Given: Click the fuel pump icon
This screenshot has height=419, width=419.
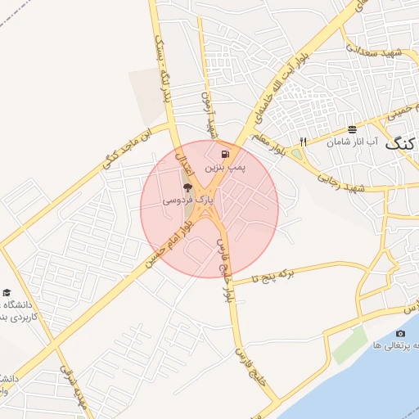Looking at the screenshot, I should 225,153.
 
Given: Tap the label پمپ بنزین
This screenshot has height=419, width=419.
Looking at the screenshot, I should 218,167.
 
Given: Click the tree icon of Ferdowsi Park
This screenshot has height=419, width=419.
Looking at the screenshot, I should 187,188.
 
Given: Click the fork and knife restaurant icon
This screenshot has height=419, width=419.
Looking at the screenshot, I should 304,141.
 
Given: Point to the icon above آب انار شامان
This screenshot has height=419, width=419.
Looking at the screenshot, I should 352,129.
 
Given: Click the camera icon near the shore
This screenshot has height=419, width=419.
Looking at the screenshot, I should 400,333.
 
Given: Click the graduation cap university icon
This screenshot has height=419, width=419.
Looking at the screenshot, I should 7,292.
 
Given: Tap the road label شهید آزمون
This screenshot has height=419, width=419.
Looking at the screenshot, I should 209,114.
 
